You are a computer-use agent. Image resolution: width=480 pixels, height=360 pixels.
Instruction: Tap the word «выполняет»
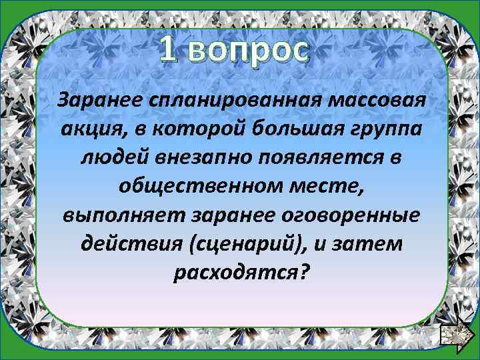click(x=124, y=215)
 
